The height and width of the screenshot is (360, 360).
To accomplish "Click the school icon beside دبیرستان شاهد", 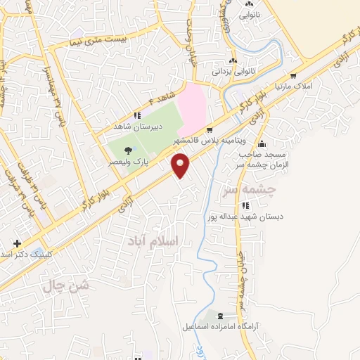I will (138, 116).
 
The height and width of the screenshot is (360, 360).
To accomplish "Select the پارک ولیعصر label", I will (123, 161).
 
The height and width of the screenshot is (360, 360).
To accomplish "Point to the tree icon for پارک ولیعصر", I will (128, 150).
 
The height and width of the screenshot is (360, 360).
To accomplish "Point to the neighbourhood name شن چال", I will (67, 285).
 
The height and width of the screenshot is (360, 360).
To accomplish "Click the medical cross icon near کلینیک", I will (16, 243).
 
